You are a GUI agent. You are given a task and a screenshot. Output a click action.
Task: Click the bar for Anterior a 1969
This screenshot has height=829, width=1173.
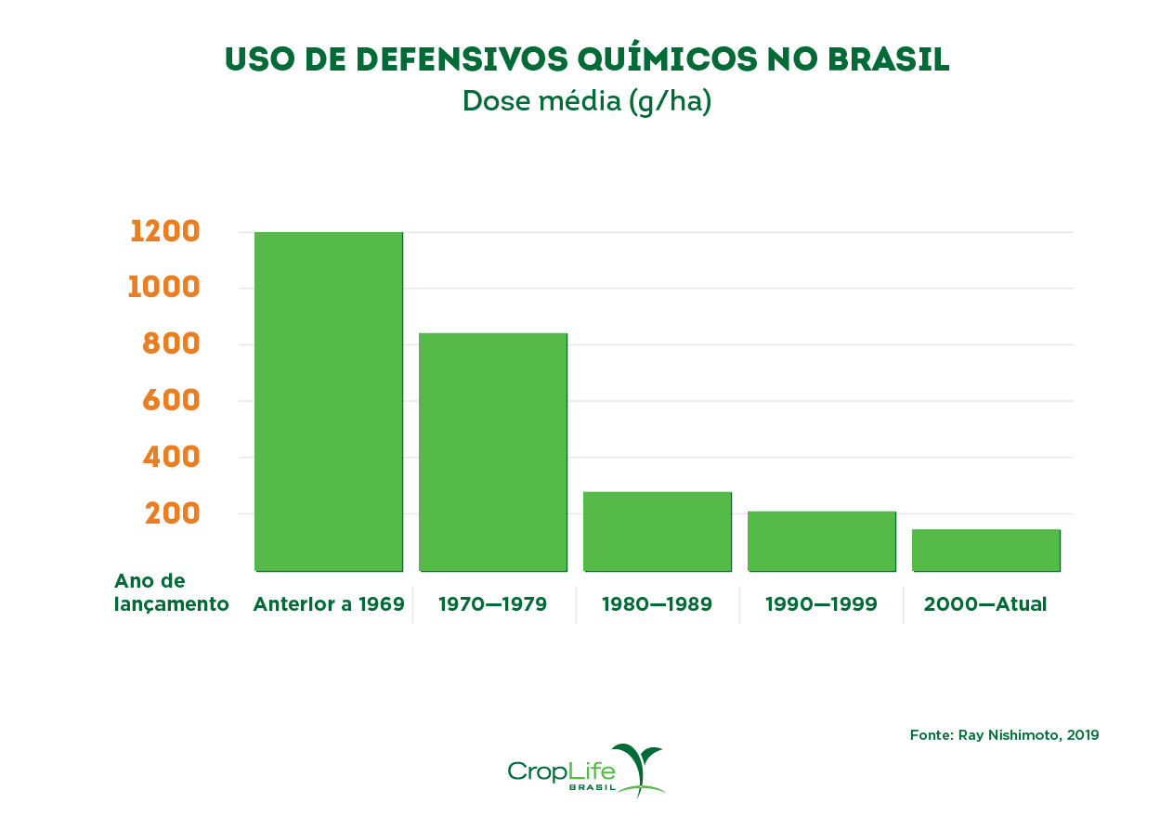coord(329,401)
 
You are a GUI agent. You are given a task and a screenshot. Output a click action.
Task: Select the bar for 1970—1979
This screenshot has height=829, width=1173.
coord(493,451)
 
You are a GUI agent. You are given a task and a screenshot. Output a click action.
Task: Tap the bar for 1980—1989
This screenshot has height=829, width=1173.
coord(658,531)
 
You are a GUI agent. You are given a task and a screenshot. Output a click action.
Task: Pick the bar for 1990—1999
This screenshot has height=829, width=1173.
coord(822,540)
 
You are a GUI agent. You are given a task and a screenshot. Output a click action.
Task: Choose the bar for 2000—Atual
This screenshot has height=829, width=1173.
coord(985,550)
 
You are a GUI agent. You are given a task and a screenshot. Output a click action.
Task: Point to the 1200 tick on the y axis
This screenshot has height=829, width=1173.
coord(165,231)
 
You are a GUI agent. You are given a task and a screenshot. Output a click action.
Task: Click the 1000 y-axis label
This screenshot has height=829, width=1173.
coord(164,287)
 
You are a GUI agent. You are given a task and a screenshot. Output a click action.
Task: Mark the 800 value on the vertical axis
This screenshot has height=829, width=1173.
coord(171,343)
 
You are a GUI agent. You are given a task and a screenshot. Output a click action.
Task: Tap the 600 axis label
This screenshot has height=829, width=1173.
coord(171,400)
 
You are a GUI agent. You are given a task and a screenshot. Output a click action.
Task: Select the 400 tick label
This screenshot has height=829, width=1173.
coord(171,457)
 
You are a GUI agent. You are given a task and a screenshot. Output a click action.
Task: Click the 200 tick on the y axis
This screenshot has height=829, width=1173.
coord(173,512)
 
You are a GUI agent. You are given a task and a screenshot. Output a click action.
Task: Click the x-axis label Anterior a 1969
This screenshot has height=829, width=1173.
coord(329,604)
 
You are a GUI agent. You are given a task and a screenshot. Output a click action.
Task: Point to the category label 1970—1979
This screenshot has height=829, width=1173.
coord(492,604)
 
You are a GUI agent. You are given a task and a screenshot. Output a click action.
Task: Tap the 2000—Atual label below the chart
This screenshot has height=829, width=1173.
coord(985,604)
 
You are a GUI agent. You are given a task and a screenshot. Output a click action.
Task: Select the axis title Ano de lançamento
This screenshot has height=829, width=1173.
coord(171,592)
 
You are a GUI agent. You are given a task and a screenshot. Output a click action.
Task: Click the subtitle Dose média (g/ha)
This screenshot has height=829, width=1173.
coord(587,101)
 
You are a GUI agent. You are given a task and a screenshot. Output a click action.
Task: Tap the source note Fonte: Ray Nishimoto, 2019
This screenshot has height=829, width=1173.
coord(1004,735)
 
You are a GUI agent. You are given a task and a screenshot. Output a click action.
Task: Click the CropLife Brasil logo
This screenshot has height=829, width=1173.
coord(587,771)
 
